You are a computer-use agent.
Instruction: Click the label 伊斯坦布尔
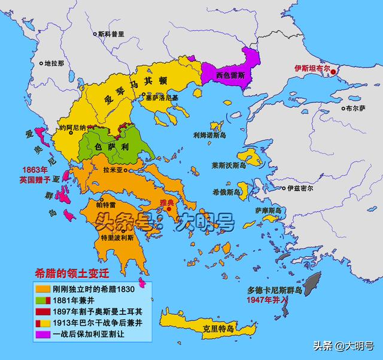click(314, 68)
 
